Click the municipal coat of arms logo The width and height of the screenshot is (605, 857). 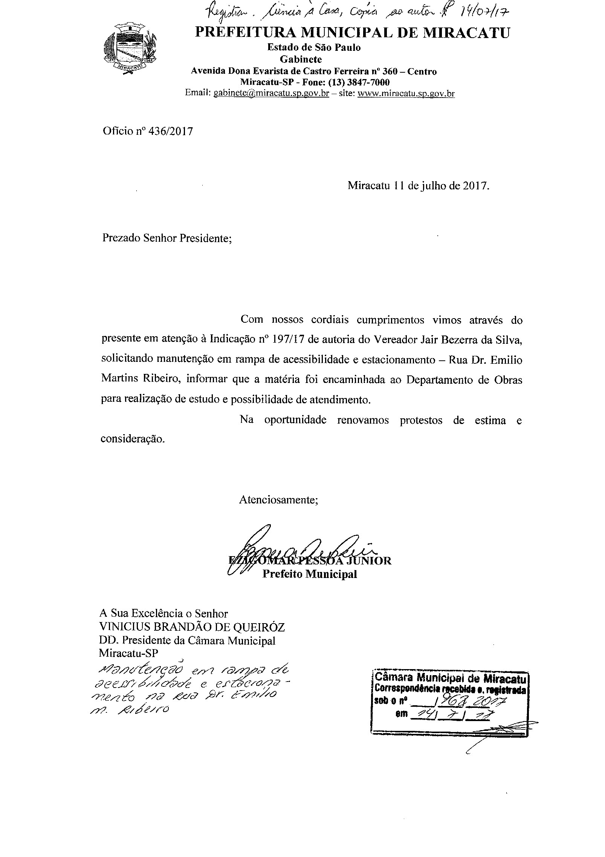[130, 48]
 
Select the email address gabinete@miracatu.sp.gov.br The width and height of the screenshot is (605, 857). [271, 93]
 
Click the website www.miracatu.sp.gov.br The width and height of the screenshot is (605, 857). [406, 93]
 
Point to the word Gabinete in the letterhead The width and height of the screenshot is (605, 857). [301, 59]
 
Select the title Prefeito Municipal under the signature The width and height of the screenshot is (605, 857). [310, 573]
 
